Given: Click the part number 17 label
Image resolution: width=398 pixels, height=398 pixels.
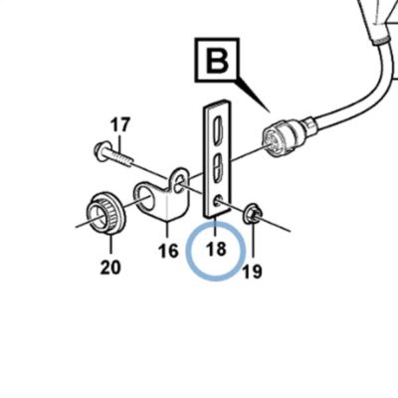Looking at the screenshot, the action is (120, 125).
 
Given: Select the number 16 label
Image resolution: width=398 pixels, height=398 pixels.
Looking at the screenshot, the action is (168, 251).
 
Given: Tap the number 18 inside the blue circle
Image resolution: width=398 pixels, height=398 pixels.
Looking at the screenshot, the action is (216, 249).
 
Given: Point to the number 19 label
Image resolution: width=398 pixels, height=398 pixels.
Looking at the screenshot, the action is (252, 272).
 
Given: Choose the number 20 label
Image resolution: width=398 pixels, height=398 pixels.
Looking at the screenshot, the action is (110, 267).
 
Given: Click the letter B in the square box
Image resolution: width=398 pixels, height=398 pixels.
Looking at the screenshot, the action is (217, 61).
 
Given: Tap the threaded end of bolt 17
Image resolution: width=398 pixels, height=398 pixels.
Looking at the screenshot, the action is (125, 160).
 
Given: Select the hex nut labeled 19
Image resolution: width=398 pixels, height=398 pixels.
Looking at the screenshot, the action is (252, 214).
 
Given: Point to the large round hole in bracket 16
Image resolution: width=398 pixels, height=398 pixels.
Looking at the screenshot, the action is (146, 199).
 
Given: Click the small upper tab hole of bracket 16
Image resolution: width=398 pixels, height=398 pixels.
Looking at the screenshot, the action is (179, 182).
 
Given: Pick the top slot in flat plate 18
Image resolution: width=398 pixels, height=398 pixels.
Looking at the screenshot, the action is (218, 128).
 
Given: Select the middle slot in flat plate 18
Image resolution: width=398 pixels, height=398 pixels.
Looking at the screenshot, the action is (217, 167).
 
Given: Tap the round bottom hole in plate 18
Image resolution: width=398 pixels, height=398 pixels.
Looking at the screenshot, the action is (218, 201).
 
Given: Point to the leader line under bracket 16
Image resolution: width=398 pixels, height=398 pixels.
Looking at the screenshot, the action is (167, 233).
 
